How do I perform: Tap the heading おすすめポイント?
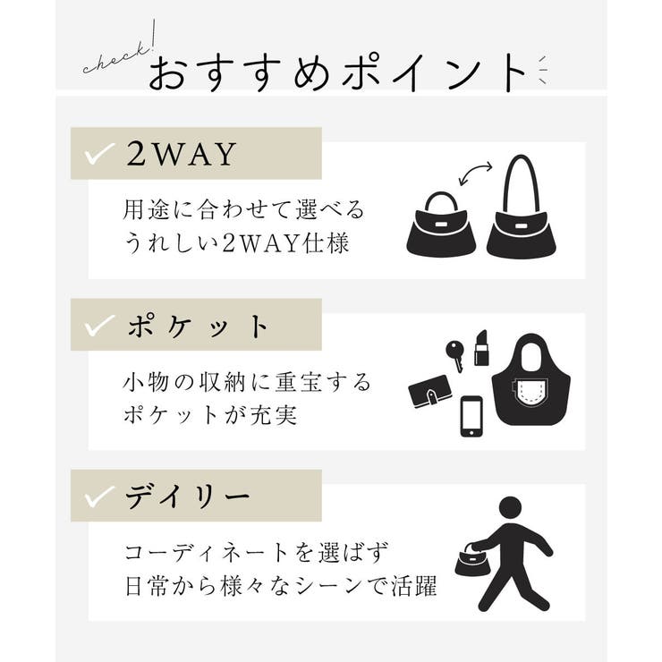point(337,73)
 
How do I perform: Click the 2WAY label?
point(182,155)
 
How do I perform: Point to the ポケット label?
point(198,327)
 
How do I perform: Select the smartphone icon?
point(471,416)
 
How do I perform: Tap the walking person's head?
point(510,506)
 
